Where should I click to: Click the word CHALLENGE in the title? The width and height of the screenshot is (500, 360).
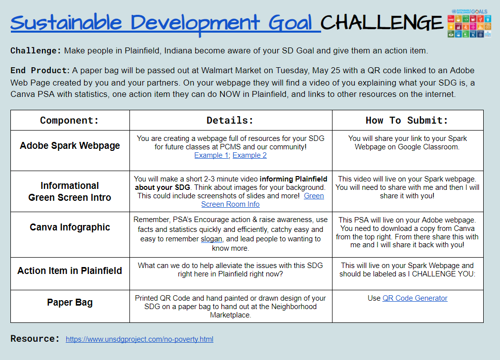(x=382, y=22)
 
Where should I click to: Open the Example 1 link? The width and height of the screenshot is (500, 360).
(x=211, y=155)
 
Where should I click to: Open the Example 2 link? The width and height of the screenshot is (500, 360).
(x=250, y=155)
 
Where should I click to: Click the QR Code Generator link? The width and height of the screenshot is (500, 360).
(x=415, y=298)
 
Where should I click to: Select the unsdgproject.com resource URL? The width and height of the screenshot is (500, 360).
(x=139, y=339)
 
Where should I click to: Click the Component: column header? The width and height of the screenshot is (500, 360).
(x=70, y=120)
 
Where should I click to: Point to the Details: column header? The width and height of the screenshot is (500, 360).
(x=230, y=120)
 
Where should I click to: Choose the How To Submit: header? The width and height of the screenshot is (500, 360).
(x=407, y=120)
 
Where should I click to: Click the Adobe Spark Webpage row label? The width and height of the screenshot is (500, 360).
(x=70, y=146)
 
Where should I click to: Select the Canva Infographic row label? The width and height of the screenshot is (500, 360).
(x=70, y=227)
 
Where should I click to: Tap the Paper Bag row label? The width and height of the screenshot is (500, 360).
(x=70, y=303)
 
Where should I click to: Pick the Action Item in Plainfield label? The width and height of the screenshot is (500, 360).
(x=70, y=270)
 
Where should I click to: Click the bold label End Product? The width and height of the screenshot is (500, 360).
(x=41, y=70)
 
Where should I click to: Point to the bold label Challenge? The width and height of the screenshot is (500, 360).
(x=36, y=50)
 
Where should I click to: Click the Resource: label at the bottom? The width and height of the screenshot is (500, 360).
(x=35, y=339)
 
